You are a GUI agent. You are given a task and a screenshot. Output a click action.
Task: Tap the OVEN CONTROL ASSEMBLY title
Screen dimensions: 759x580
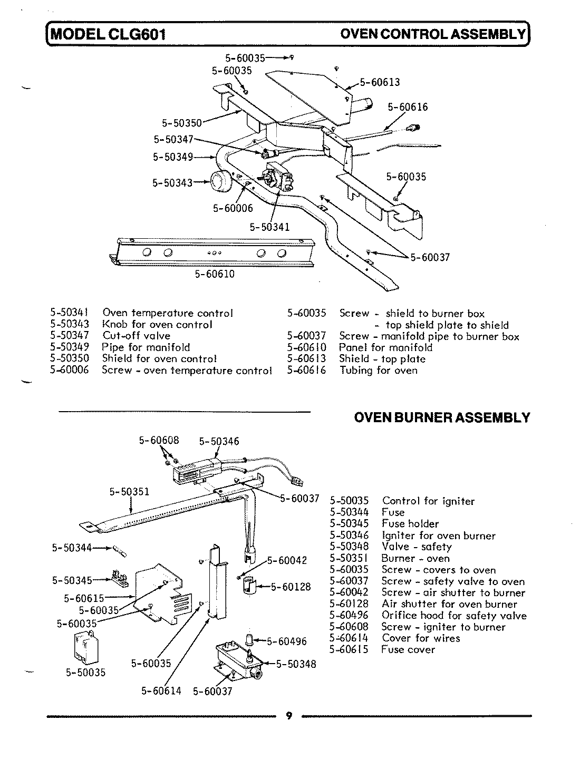point(433,34)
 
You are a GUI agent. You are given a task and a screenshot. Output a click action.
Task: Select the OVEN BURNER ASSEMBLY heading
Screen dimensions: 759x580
point(441,418)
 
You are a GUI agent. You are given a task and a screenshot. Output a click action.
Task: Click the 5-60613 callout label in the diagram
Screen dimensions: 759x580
point(380,82)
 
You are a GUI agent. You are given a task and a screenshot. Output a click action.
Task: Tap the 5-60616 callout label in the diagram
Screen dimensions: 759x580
point(408,107)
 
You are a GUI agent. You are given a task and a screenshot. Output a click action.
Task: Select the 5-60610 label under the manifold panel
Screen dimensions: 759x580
point(215,274)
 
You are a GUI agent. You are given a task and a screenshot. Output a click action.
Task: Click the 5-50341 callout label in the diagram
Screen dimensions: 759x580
point(269,228)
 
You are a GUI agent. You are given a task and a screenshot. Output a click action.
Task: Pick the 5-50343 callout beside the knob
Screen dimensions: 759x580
point(172,183)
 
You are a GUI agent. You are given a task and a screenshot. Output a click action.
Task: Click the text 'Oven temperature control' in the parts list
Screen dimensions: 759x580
point(167,313)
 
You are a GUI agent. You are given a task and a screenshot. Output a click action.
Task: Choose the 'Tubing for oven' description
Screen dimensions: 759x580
point(378,370)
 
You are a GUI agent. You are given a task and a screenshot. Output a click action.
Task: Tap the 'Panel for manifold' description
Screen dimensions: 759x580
point(385,347)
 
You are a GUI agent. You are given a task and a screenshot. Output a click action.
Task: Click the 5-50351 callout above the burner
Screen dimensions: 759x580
point(129,492)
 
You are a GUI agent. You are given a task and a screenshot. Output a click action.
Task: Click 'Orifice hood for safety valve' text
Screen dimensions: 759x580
point(453,615)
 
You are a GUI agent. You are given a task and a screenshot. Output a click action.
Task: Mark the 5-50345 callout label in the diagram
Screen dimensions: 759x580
point(72,580)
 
